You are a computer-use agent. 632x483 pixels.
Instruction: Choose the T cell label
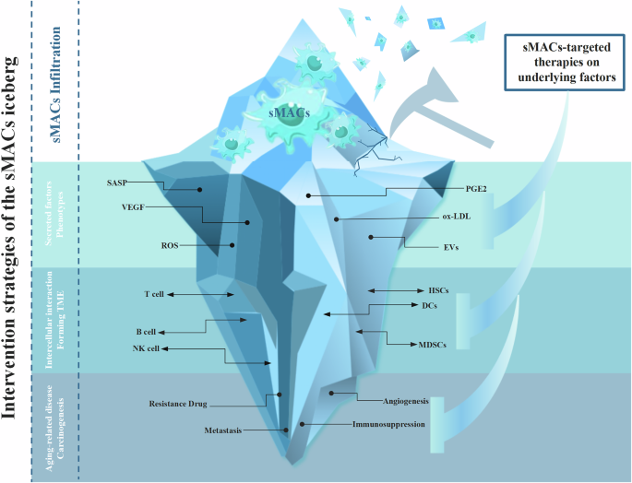153,294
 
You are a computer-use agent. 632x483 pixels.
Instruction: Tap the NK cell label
145,348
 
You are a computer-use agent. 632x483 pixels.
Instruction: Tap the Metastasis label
223,430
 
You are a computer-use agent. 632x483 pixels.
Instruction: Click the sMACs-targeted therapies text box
561,63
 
